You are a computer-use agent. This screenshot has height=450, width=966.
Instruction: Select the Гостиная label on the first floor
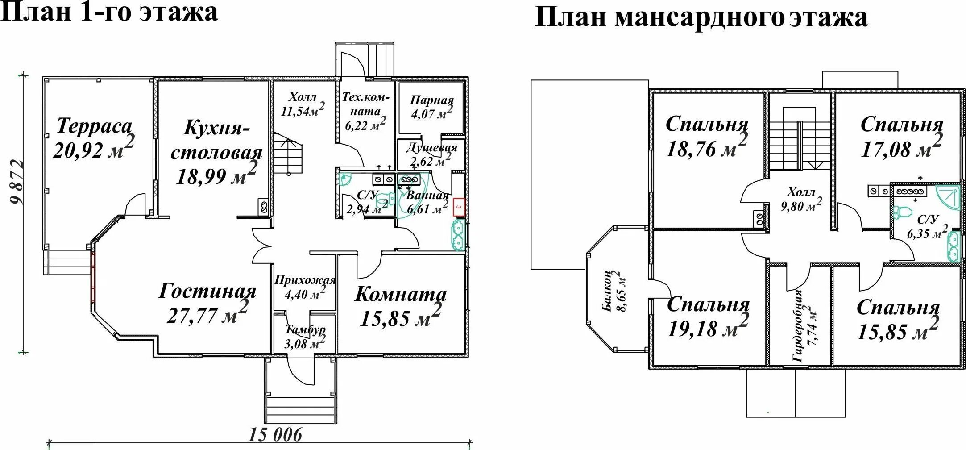(x=207, y=292)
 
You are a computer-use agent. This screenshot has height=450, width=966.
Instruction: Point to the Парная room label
(x=431, y=100)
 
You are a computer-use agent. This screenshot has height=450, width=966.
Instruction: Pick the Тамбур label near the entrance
(x=305, y=330)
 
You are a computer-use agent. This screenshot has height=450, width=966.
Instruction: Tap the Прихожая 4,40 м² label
(x=305, y=287)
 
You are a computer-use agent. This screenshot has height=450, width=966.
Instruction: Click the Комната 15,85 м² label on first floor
(x=400, y=306)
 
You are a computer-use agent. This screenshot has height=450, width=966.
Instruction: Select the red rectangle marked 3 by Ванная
(x=459, y=208)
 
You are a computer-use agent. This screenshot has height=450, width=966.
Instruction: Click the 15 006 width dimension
(x=275, y=434)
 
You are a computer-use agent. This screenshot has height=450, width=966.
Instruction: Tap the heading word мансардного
(x=699, y=18)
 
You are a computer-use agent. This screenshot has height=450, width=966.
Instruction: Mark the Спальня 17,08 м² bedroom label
(x=901, y=137)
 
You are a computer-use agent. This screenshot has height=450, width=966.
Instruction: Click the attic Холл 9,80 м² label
(x=801, y=199)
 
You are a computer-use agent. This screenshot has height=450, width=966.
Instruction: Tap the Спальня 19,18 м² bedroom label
(x=708, y=317)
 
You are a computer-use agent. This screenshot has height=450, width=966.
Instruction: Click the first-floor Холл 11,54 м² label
(x=303, y=104)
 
